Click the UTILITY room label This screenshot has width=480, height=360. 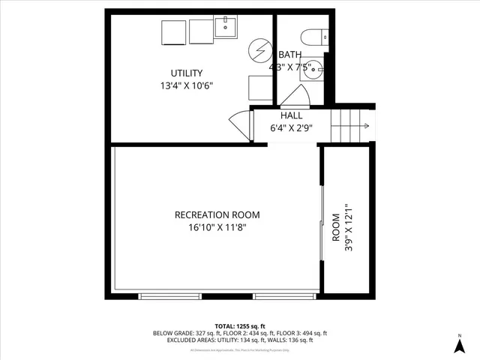(187, 73)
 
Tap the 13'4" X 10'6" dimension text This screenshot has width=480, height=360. (187, 85)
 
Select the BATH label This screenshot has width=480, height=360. (290, 55)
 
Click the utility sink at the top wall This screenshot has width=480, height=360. (225, 28)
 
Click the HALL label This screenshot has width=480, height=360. (292, 115)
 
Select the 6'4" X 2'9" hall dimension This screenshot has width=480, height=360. (292, 128)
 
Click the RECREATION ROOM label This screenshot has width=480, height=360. (217, 214)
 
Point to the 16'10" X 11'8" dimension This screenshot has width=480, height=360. (217, 228)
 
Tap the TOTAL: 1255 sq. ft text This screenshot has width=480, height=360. (240, 326)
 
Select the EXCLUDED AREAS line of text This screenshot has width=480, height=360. (240, 340)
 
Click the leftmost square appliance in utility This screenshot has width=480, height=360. (173, 32)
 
